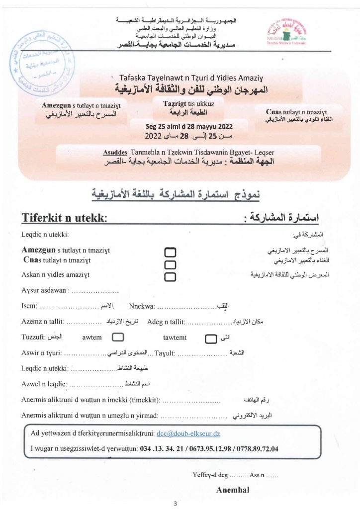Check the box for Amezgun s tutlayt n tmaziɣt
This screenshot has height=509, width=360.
click(170, 253)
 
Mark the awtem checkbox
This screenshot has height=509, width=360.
click(118, 338)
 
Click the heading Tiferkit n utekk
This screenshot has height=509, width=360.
click(65, 217)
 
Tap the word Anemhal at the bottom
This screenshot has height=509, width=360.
click(233, 490)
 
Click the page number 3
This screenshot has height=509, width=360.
click(175, 504)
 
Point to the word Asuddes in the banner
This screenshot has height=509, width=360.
click(116, 152)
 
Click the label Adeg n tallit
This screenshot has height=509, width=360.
click(166, 322)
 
